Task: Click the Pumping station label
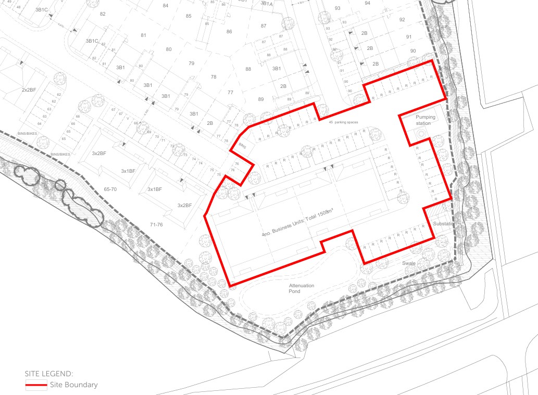click(425, 120)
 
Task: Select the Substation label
click(444, 224)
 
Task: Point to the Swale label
click(409, 263)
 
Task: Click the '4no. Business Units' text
click(298, 227)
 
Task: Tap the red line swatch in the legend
click(36, 386)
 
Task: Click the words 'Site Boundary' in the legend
click(74, 385)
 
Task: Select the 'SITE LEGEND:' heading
click(49, 374)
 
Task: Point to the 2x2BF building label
click(29, 90)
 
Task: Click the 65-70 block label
click(110, 189)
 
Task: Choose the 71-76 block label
click(157, 224)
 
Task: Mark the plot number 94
click(367, 3)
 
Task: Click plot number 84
click(166, 6)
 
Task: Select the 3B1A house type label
click(267, 4)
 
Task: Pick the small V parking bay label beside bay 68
click(128, 119)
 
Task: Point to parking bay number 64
click(40, 124)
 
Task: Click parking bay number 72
click(172, 146)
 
